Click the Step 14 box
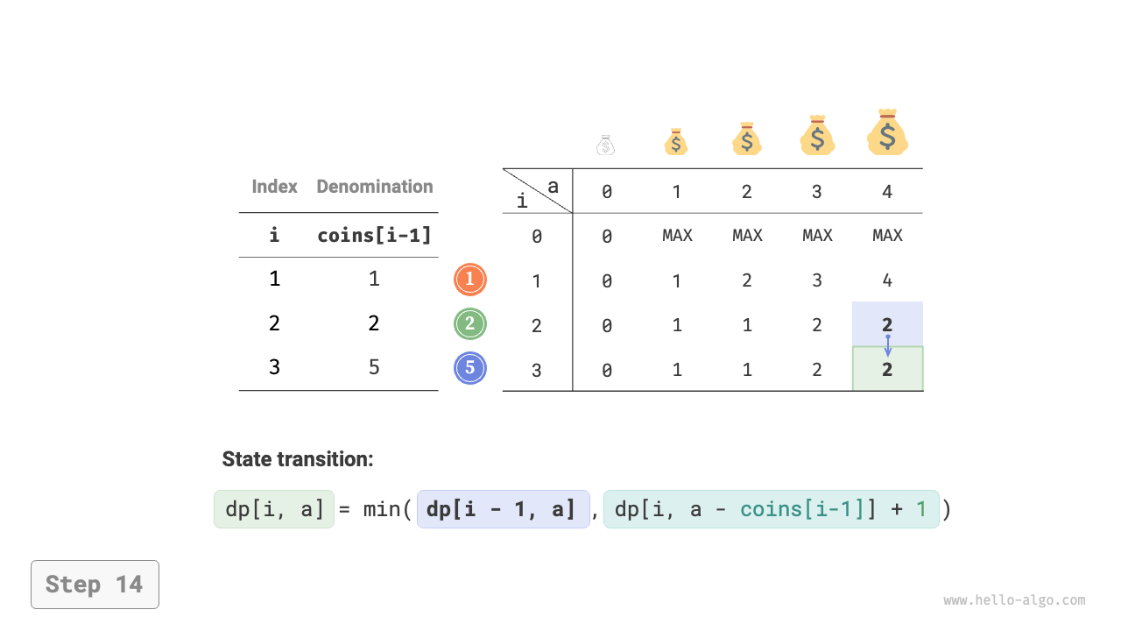95,585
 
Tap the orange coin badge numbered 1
470,280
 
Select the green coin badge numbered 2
470,324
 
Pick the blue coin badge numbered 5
470,368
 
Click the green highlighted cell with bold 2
888,369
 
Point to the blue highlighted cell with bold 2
888,323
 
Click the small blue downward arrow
888,345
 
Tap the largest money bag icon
887,132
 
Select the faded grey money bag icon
605,145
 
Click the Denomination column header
375,187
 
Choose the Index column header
274,187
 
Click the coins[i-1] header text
374,236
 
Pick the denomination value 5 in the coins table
374,367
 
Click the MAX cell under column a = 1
677,236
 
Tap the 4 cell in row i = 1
887,280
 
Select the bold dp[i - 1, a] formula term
504,509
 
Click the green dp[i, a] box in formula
274,509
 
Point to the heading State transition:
298,459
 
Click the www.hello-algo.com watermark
1014,600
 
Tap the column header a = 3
817,192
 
